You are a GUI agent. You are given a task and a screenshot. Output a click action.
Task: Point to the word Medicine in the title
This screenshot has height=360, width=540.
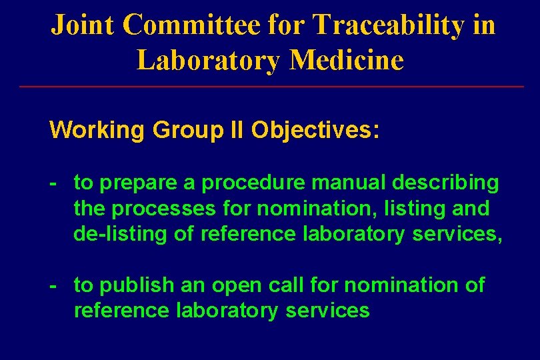point(347,60)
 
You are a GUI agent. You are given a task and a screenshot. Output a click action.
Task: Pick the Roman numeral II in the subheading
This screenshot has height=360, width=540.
point(235,129)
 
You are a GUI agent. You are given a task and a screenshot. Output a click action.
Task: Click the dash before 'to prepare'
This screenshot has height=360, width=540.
point(53,182)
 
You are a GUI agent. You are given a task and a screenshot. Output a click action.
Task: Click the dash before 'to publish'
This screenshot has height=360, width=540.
point(53,285)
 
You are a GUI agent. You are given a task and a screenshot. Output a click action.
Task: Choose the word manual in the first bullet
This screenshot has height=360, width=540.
point(349,182)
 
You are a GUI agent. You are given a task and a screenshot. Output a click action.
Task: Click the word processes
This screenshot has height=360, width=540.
point(163,209)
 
